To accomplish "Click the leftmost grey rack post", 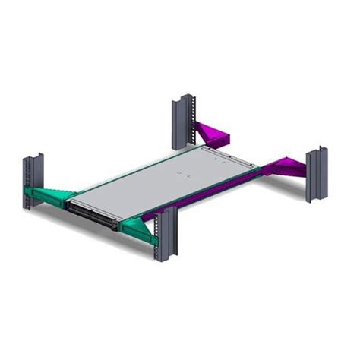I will tap(34, 182).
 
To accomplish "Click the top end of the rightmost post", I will tap(317, 153).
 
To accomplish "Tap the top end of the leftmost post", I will tap(34, 157).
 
